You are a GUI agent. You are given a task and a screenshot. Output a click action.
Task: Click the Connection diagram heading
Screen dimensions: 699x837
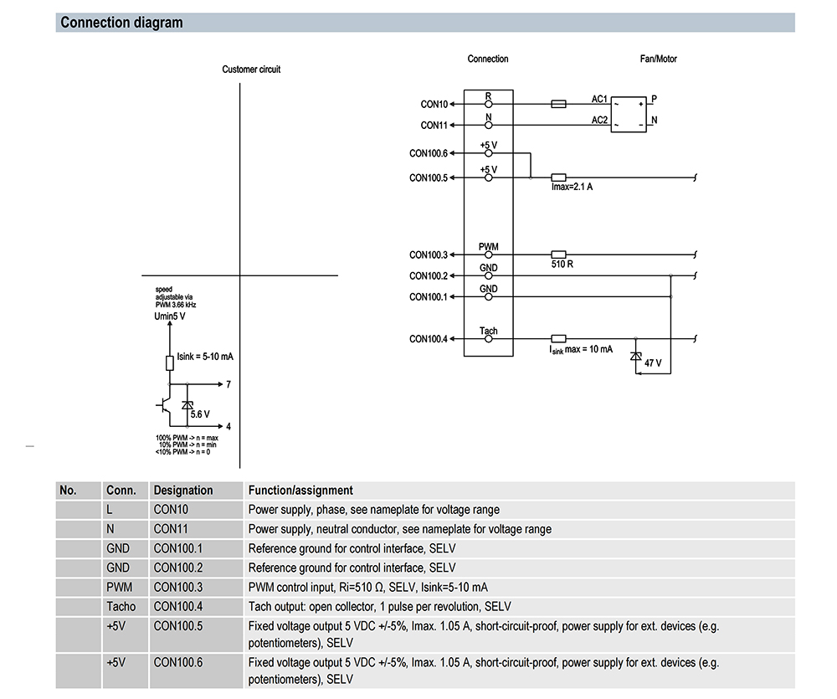click(121, 23)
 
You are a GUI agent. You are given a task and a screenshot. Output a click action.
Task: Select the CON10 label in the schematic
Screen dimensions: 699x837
click(434, 105)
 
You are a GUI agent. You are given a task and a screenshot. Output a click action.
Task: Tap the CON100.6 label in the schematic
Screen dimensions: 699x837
click(429, 154)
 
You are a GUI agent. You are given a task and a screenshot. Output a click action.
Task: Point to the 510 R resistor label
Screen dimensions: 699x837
click(562, 265)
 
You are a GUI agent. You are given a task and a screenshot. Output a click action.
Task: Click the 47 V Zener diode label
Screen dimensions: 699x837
click(653, 363)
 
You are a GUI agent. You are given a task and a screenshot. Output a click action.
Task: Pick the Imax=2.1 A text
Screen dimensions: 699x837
click(573, 187)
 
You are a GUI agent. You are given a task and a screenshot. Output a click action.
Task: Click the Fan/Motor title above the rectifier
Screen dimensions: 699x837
click(658, 59)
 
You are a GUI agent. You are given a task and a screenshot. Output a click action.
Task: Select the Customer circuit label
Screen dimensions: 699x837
click(251, 69)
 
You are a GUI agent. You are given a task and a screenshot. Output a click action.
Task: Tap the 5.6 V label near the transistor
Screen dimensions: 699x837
click(200, 414)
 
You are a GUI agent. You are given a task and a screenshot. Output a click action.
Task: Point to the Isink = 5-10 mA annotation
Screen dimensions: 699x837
click(205, 357)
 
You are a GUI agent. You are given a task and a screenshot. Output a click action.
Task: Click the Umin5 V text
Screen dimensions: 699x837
click(170, 316)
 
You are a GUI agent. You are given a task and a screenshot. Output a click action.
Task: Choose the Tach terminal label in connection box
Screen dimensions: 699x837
click(489, 332)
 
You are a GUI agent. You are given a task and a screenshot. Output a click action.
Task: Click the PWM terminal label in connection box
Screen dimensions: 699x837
click(489, 247)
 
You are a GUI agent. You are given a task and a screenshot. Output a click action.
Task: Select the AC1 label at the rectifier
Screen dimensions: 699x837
click(599, 99)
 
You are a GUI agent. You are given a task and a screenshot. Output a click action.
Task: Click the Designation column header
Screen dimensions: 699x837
click(183, 491)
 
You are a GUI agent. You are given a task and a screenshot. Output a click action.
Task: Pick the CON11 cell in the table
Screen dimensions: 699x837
click(172, 529)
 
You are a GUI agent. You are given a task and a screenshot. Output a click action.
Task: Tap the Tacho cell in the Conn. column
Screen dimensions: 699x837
click(121, 606)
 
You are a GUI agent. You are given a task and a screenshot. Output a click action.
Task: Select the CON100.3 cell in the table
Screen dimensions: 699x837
click(178, 587)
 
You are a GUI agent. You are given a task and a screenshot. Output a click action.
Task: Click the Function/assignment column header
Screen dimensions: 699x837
click(300, 491)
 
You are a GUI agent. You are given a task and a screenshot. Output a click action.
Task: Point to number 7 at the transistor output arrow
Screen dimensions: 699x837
click(229, 385)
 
